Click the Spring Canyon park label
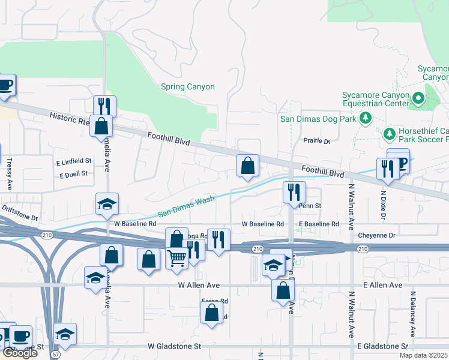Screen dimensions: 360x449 (187, 87)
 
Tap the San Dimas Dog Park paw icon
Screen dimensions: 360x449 (365, 119)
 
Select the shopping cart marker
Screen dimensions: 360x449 (177, 259)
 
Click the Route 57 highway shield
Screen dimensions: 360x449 (55, 355)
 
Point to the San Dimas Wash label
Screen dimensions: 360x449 (186, 206)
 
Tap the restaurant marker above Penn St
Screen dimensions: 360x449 (294, 193)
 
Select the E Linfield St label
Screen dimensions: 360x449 (74, 161)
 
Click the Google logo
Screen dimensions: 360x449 (19, 353)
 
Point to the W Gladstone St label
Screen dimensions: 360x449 (175, 347)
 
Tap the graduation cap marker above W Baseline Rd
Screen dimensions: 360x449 (107, 205)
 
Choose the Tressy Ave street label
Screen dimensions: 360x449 (9, 174)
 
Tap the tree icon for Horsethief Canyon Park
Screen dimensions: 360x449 (389, 132)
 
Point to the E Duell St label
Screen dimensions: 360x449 (74, 174)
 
